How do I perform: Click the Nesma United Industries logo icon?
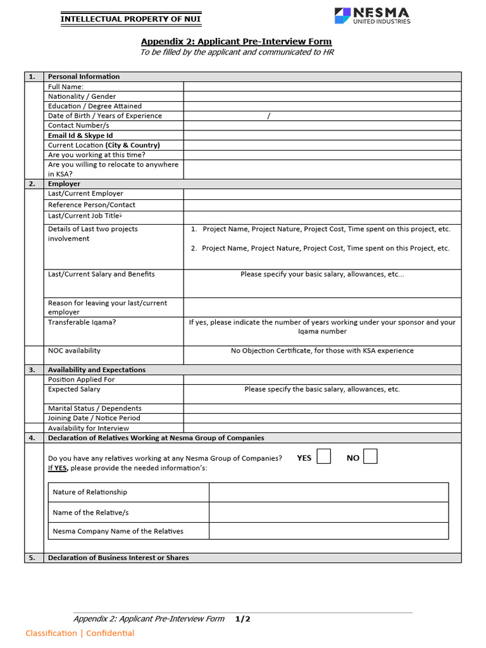coord(342,16)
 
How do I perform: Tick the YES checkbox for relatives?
coord(323,456)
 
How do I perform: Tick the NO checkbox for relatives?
coord(370,456)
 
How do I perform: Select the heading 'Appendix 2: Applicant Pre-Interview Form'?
coord(236,42)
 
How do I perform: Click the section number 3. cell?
coord(34,370)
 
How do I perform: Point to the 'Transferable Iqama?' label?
coord(82,322)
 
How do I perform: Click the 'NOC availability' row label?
coord(74,351)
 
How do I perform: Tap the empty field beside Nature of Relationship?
coord(328,492)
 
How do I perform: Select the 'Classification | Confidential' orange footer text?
coord(80,633)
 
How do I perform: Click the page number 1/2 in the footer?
coord(243,619)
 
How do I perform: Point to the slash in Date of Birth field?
coord(269,116)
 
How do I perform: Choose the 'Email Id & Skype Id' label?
coord(80,135)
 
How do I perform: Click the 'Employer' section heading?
coord(64,184)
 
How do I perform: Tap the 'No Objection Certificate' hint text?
coord(322,351)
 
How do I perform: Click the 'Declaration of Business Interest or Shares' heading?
coord(118,558)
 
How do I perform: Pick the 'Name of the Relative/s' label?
coord(90,513)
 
